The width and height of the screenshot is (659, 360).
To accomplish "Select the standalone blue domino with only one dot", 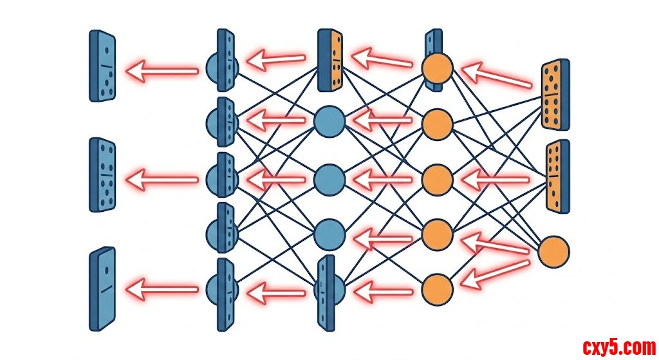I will coord(102,289).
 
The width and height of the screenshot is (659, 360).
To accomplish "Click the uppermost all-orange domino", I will coord(555,95).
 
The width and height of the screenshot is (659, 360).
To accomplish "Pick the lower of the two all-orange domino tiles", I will coord(557,175).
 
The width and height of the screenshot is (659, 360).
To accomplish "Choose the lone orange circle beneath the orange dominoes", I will coord(553,252).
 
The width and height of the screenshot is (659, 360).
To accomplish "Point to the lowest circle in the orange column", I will coord(438,288).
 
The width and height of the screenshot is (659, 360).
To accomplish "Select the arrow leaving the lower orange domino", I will coord(496,179).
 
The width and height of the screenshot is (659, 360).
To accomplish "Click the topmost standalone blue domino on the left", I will coord(102,66).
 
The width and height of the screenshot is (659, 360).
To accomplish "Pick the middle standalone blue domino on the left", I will coord(102,175).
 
